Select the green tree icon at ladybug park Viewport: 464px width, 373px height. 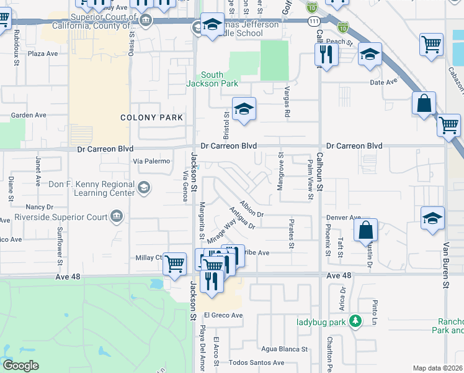(355, 321)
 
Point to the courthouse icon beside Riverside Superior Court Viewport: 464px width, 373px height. (116, 216)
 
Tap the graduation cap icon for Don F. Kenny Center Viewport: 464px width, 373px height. (143, 188)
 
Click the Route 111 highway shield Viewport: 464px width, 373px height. (316, 21)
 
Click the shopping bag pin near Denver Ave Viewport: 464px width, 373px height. (366, 230)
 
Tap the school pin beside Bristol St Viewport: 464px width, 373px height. (244, 109)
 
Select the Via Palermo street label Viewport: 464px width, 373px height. (151, 161)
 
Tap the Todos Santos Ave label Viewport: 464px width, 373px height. (256, 362)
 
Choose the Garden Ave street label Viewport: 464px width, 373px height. (29, 115)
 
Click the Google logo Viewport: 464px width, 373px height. (21, 366)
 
